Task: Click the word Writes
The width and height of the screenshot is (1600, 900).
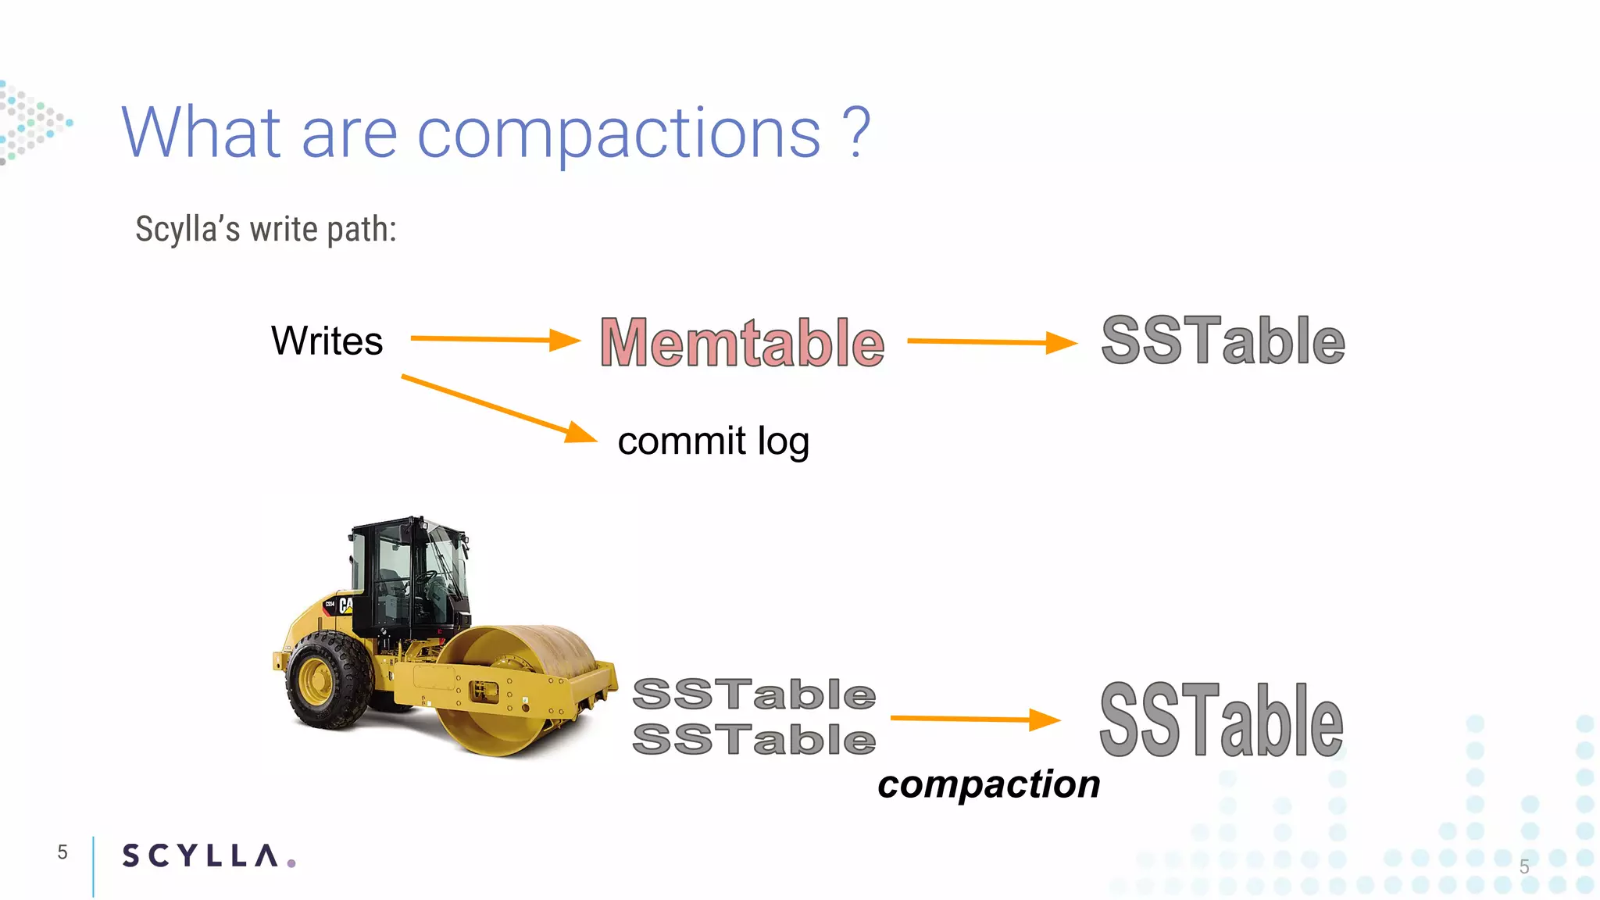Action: pos(327,341)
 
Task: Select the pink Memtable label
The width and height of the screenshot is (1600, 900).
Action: pos(742,343)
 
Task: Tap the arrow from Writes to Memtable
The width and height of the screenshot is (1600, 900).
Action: pos(495,339)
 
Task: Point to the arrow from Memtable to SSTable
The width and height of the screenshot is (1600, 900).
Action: pos(991,341)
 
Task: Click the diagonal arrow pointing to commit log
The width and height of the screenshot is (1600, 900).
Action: pos(498,408)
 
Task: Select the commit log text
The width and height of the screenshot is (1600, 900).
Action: pos(712,441)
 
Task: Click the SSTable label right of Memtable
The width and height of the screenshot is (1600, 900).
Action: pos(1223,341)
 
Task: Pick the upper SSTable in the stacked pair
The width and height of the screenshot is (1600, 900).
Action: pos(754,695)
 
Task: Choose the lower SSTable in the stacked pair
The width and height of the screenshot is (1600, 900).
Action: pos(754,739)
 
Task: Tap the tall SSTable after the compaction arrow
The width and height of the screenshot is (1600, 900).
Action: pos(1221,720)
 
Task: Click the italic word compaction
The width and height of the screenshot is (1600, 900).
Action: pos(988,784)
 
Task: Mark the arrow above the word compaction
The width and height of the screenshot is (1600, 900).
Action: pos(974,719)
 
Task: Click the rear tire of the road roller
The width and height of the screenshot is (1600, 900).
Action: pos(329,680)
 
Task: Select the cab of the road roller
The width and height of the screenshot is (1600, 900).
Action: pos(410,574)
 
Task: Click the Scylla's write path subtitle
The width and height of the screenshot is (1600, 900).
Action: pos(266,230)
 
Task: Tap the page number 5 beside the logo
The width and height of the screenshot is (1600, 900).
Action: pos(62,852)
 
